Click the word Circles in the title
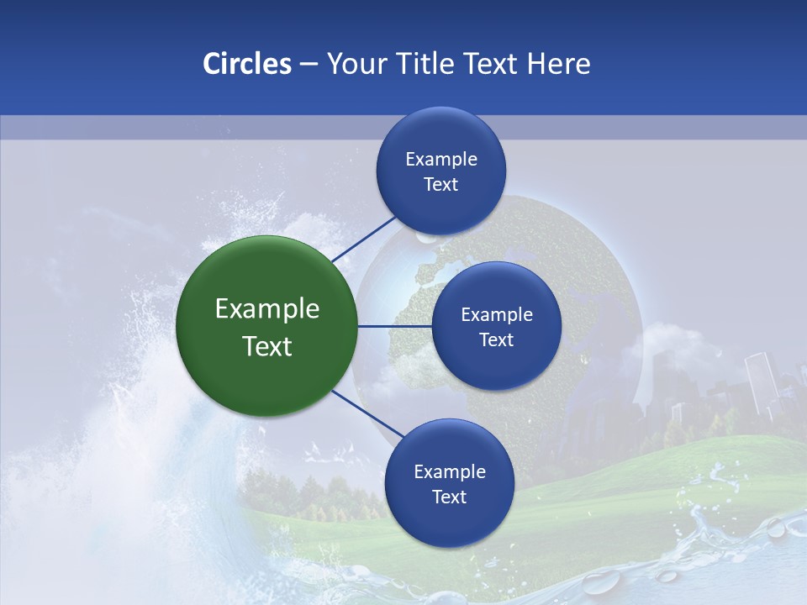[x=247, y=64]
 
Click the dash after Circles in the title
[x=309, y=65]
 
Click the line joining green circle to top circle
[x=363, y=239]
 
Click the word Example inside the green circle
[x=267, y=309]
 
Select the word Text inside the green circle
[x=267, y=346]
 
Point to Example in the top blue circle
[x=441, y=160]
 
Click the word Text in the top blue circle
[x=441, y=185]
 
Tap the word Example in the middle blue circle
[x=497, y=315]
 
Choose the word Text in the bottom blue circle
[x=449, y=497]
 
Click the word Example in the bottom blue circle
[x=449, y=472]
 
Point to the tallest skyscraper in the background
[x=759, y=382]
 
